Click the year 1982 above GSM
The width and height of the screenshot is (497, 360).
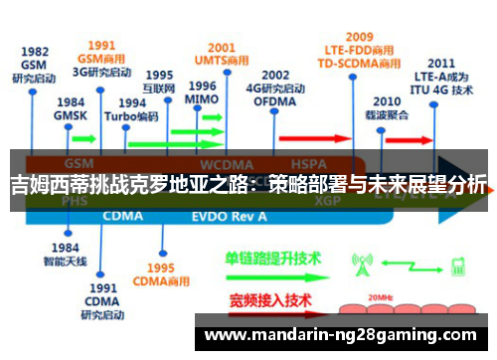34,52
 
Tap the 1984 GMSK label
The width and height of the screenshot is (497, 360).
70,108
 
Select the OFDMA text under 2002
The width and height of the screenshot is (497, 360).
275,100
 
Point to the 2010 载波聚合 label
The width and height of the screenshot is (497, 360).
388,108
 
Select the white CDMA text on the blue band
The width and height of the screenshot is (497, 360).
123,215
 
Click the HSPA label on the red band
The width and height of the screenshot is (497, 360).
302,163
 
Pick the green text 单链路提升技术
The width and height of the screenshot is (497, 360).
274,258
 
